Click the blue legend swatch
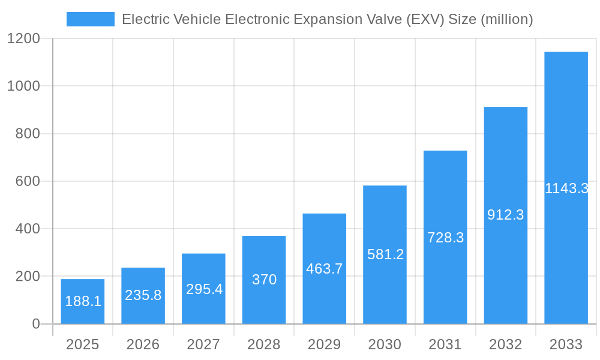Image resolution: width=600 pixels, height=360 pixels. [x=90, y=19]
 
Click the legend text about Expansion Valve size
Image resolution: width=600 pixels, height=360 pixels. [x=327, y=19]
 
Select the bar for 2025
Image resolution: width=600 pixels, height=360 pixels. [x=83, y=301]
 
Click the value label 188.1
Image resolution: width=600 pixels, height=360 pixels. [x=83, y=301]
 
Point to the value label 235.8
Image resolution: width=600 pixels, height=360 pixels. [x=143, y=295]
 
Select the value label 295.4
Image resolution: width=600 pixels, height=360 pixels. [x=204, y=289]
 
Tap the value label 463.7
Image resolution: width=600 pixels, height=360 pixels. [x=325, y=269]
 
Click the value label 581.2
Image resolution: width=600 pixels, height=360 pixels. [x=385, y=254]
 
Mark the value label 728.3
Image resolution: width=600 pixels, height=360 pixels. [x=445, y=238]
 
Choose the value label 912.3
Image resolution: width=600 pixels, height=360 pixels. [x=506, y=215]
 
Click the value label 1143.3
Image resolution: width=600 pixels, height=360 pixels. [x=566, y=188]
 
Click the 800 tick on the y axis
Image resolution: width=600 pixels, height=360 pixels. [x=28, y=134]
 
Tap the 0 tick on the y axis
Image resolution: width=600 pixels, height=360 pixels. [x=36, y=324]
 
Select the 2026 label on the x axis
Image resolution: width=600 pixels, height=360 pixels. [x=143, y=344]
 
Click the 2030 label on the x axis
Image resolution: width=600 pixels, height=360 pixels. [x=385, y=344]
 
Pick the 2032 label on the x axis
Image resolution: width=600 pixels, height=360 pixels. [x=506, y=344]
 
